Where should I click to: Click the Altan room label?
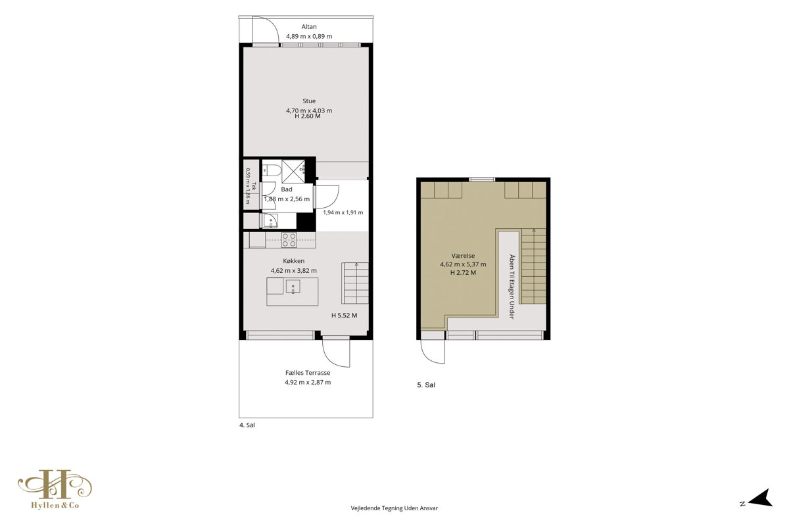click(309, 26)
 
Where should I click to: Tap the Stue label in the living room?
click(309, 101)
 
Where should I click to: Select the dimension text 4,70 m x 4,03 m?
click(309, 110)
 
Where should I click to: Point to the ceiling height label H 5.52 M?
click(344, 316)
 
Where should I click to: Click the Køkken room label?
click(294, 261)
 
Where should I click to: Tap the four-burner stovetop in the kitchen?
click(289, 240)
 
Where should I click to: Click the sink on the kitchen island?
click(293, 287)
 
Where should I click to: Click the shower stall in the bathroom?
click(293, 171)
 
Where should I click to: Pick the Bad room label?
click(287, 189)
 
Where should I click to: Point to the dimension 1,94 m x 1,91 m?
click(343, 212)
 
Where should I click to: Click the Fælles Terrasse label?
click(308, 373)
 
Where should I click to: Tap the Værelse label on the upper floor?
click(463, 256)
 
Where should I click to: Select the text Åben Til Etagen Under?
click(512, 287)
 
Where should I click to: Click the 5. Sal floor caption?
click(426, 385)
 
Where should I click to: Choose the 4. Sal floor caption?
click(247, 425)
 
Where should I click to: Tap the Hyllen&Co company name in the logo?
click(55, 505)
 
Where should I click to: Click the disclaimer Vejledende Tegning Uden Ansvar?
click(394, 508)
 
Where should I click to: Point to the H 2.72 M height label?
click(463, 273)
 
